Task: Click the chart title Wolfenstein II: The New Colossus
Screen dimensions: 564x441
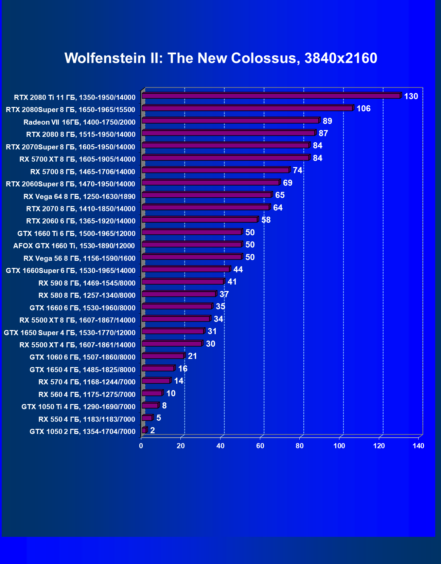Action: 221,58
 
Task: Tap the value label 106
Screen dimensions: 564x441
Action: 363,109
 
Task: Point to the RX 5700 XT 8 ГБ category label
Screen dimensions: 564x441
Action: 77,159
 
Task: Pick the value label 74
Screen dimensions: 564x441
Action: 297,170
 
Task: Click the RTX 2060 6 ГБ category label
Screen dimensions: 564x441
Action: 81,221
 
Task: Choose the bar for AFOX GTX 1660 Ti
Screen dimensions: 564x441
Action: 192,245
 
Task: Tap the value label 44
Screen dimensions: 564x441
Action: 238,270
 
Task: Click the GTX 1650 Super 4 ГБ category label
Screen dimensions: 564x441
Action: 70,333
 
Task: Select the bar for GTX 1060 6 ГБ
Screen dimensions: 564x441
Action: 163,356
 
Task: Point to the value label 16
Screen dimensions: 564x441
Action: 182,369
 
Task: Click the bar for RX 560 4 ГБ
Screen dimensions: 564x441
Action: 152,393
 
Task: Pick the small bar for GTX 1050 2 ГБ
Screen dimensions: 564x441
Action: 144,431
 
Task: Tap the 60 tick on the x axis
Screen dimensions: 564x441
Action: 260,446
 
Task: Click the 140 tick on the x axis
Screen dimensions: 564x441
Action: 418,446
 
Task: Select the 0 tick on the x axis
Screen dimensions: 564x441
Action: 141,446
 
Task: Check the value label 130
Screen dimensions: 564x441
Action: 411,96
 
